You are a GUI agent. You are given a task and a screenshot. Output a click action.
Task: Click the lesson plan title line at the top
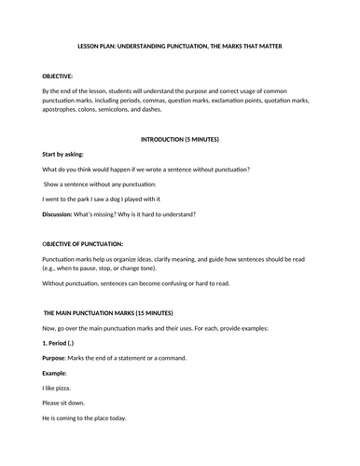(180, 48)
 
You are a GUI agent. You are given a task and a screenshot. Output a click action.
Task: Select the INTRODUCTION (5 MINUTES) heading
(179, 138)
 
